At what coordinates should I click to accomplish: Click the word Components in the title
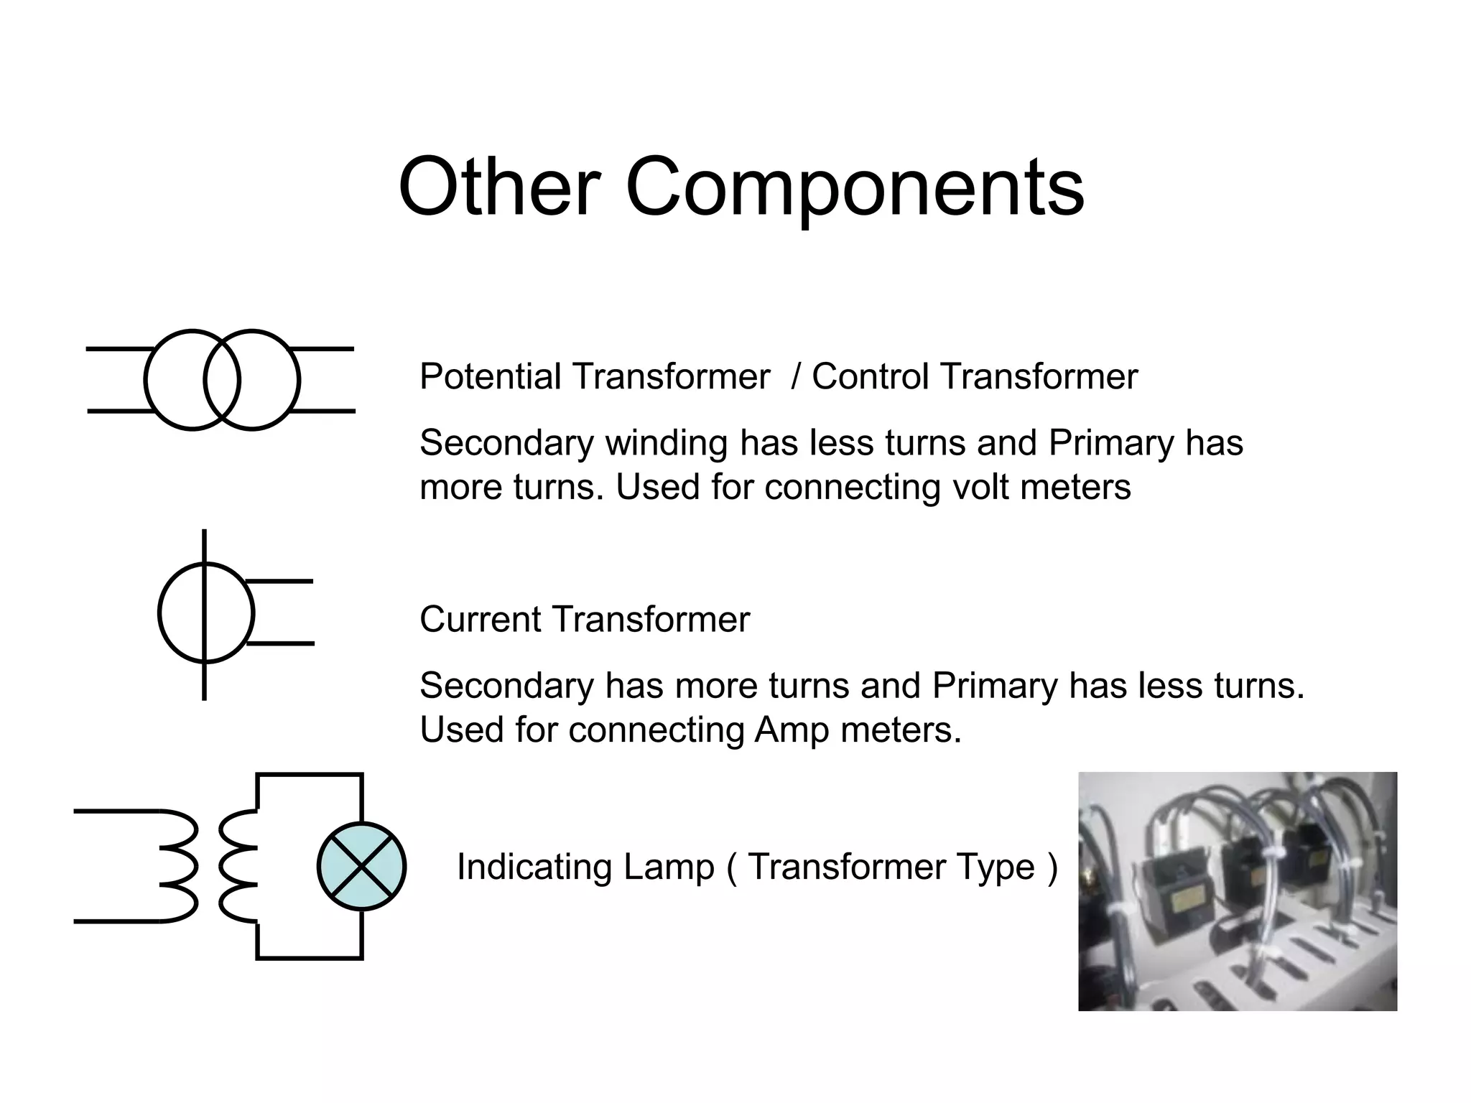(855, 188)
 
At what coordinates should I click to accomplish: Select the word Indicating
(534, 867)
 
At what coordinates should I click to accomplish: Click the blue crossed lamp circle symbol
(361, 866)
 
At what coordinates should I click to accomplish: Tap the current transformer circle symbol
(205, 613)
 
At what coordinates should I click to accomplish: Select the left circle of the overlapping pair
(172, 380)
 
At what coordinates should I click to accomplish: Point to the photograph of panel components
(1237, 891)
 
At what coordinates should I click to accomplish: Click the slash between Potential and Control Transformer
(795, 376)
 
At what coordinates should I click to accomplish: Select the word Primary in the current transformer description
(995, 685)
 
